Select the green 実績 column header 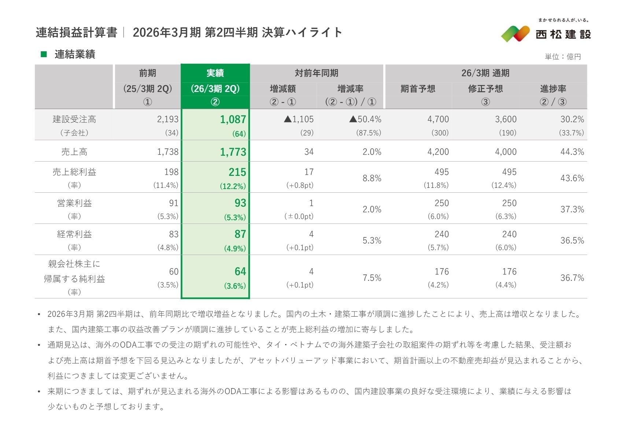click(x=215, y=73)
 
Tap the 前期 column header click(x=147, y=73)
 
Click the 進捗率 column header click(x=553, y=89)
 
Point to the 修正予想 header click(x=485, y=89)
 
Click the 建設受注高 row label click(x=74, y=119)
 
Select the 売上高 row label click(x=74, y=152)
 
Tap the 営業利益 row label click(x=74, y=203)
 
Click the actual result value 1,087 click(x=233, y=119)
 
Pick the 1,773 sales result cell click(x=233, y=152)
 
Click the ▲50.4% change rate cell click(x=365, y=119)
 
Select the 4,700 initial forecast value click(x=438, y=119)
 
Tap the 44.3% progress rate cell click(x=572, y=152)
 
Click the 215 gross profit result click(x=237, y=172)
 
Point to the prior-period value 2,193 click(x=167, y=119)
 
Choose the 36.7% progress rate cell click(x=572, y=278)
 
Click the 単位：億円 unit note click(x=563, y=57)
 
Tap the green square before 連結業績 click(x=44, y=54)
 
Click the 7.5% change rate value click(x=372, y=278)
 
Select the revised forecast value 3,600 click(x=506, y=119)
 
